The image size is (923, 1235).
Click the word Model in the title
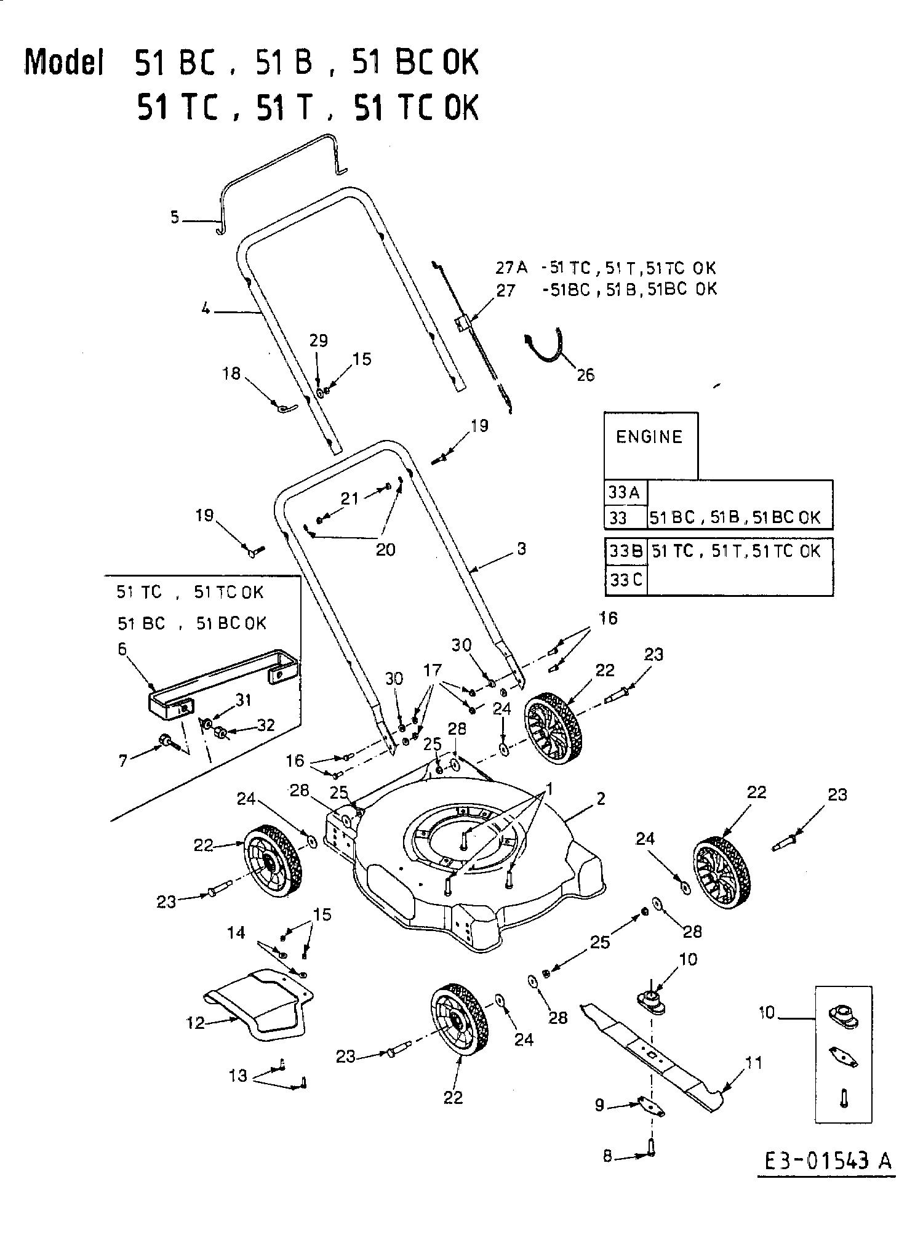tap(63, 63)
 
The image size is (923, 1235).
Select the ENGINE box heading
tap(649, 437)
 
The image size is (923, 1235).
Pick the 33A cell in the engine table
tap(625, 492)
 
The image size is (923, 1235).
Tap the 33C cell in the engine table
tap(625, 580)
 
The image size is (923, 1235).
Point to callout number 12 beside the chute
tap(196, 1022)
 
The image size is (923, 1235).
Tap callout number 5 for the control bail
tap(175, 217)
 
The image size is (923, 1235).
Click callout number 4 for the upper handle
tap(206, 310)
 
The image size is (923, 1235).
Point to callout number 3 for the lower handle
tap(521, 548)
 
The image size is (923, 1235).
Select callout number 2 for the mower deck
tap(601, 799)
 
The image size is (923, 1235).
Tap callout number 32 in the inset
tap(266, 725)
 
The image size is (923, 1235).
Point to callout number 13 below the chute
tap(238, 1076)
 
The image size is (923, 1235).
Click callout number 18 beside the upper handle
tap(231, 374)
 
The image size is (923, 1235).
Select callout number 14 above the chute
tap(236, 933)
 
